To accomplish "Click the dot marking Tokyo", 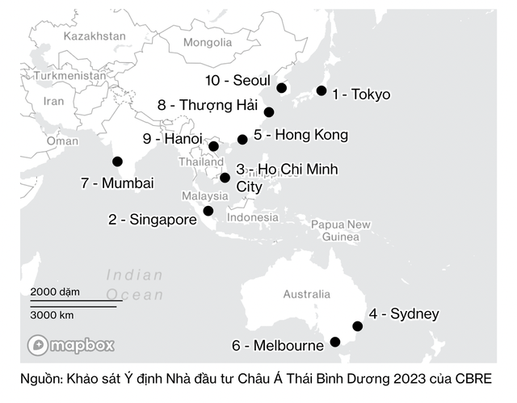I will pos(322,91).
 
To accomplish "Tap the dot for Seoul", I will pos(281,88).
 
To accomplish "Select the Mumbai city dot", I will pos(117,162).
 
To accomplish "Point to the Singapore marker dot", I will pos(208,211).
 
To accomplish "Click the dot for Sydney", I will pos(358,326).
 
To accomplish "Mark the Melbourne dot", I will pos(335,342).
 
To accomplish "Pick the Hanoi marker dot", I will pos(213,146).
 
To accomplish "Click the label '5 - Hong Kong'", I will pos(301,135).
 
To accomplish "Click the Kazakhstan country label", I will pos(95,36).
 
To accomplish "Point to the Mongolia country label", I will pos(207,42).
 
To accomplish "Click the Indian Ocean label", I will pos(134,284).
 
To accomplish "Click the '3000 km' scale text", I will pos(53,315).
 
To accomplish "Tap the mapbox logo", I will pos(71,345).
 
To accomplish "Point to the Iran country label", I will pos(53,101).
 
